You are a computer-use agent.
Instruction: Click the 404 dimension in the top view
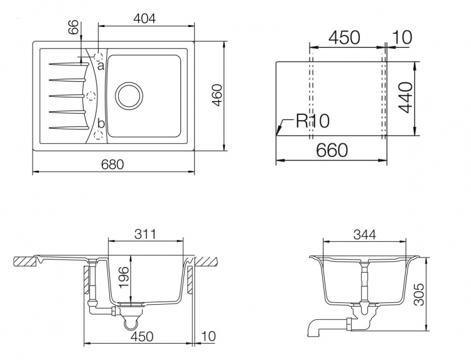(145, 19)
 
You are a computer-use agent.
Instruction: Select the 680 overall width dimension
(112, 165)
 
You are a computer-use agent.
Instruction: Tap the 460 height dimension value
(217, 95)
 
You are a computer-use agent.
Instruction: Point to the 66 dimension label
(73, 27)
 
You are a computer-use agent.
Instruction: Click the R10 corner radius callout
(312, 121)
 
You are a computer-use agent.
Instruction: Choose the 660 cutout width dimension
(332, 150)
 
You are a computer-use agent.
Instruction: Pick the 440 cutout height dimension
(407, 97)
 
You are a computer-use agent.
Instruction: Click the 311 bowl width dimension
(145, 234)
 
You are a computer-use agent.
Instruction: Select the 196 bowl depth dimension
(124, 277)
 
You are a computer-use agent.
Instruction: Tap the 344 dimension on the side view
(365, 234)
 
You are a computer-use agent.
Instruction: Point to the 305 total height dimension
(418, 294)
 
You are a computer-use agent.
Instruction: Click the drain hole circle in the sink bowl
(129, 96)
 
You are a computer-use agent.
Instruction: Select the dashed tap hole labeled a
(99, 56)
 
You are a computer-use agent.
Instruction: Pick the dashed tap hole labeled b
(99, 135)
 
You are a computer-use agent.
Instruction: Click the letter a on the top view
(100, 65)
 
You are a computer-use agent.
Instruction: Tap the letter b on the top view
(101, 123)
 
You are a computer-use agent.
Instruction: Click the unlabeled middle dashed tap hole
(90, 96)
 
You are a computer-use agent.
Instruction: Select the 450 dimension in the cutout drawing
(344, 38)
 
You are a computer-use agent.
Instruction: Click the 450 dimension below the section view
(142, 336)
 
